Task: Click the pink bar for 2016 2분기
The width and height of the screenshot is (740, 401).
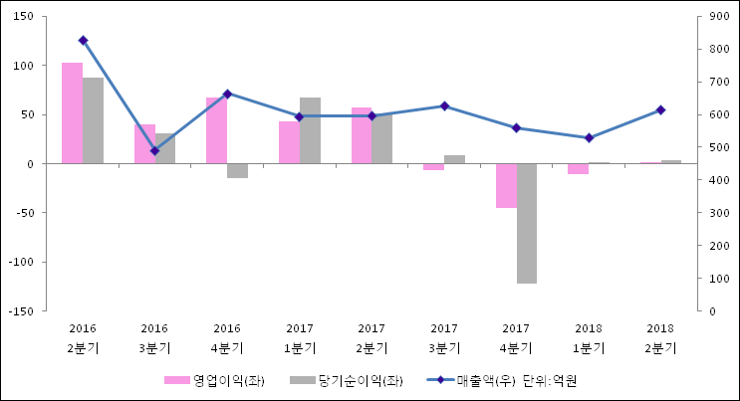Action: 72,112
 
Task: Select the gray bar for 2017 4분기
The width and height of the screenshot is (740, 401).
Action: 526,223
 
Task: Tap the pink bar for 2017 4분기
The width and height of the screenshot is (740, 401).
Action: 506,185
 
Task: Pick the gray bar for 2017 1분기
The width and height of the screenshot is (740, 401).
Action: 310,130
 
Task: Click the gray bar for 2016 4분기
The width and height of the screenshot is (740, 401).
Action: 237,170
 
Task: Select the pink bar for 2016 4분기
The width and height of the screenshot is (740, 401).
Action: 216,130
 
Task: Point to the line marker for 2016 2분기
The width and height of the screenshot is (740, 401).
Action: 83,40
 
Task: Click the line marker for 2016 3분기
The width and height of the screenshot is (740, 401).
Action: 154,150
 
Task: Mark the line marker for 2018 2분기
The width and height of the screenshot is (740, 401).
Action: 660,109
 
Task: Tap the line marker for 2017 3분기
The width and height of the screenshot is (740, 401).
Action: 444,105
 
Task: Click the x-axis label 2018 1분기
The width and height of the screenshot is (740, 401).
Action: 588,338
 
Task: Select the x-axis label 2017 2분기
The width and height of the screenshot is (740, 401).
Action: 371,338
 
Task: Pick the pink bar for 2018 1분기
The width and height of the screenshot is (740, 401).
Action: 578,168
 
